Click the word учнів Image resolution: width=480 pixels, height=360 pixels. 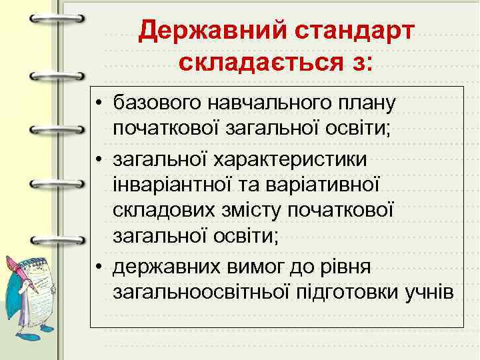[x=431, y=293]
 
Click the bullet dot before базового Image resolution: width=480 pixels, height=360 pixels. [x=99, y=104]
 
